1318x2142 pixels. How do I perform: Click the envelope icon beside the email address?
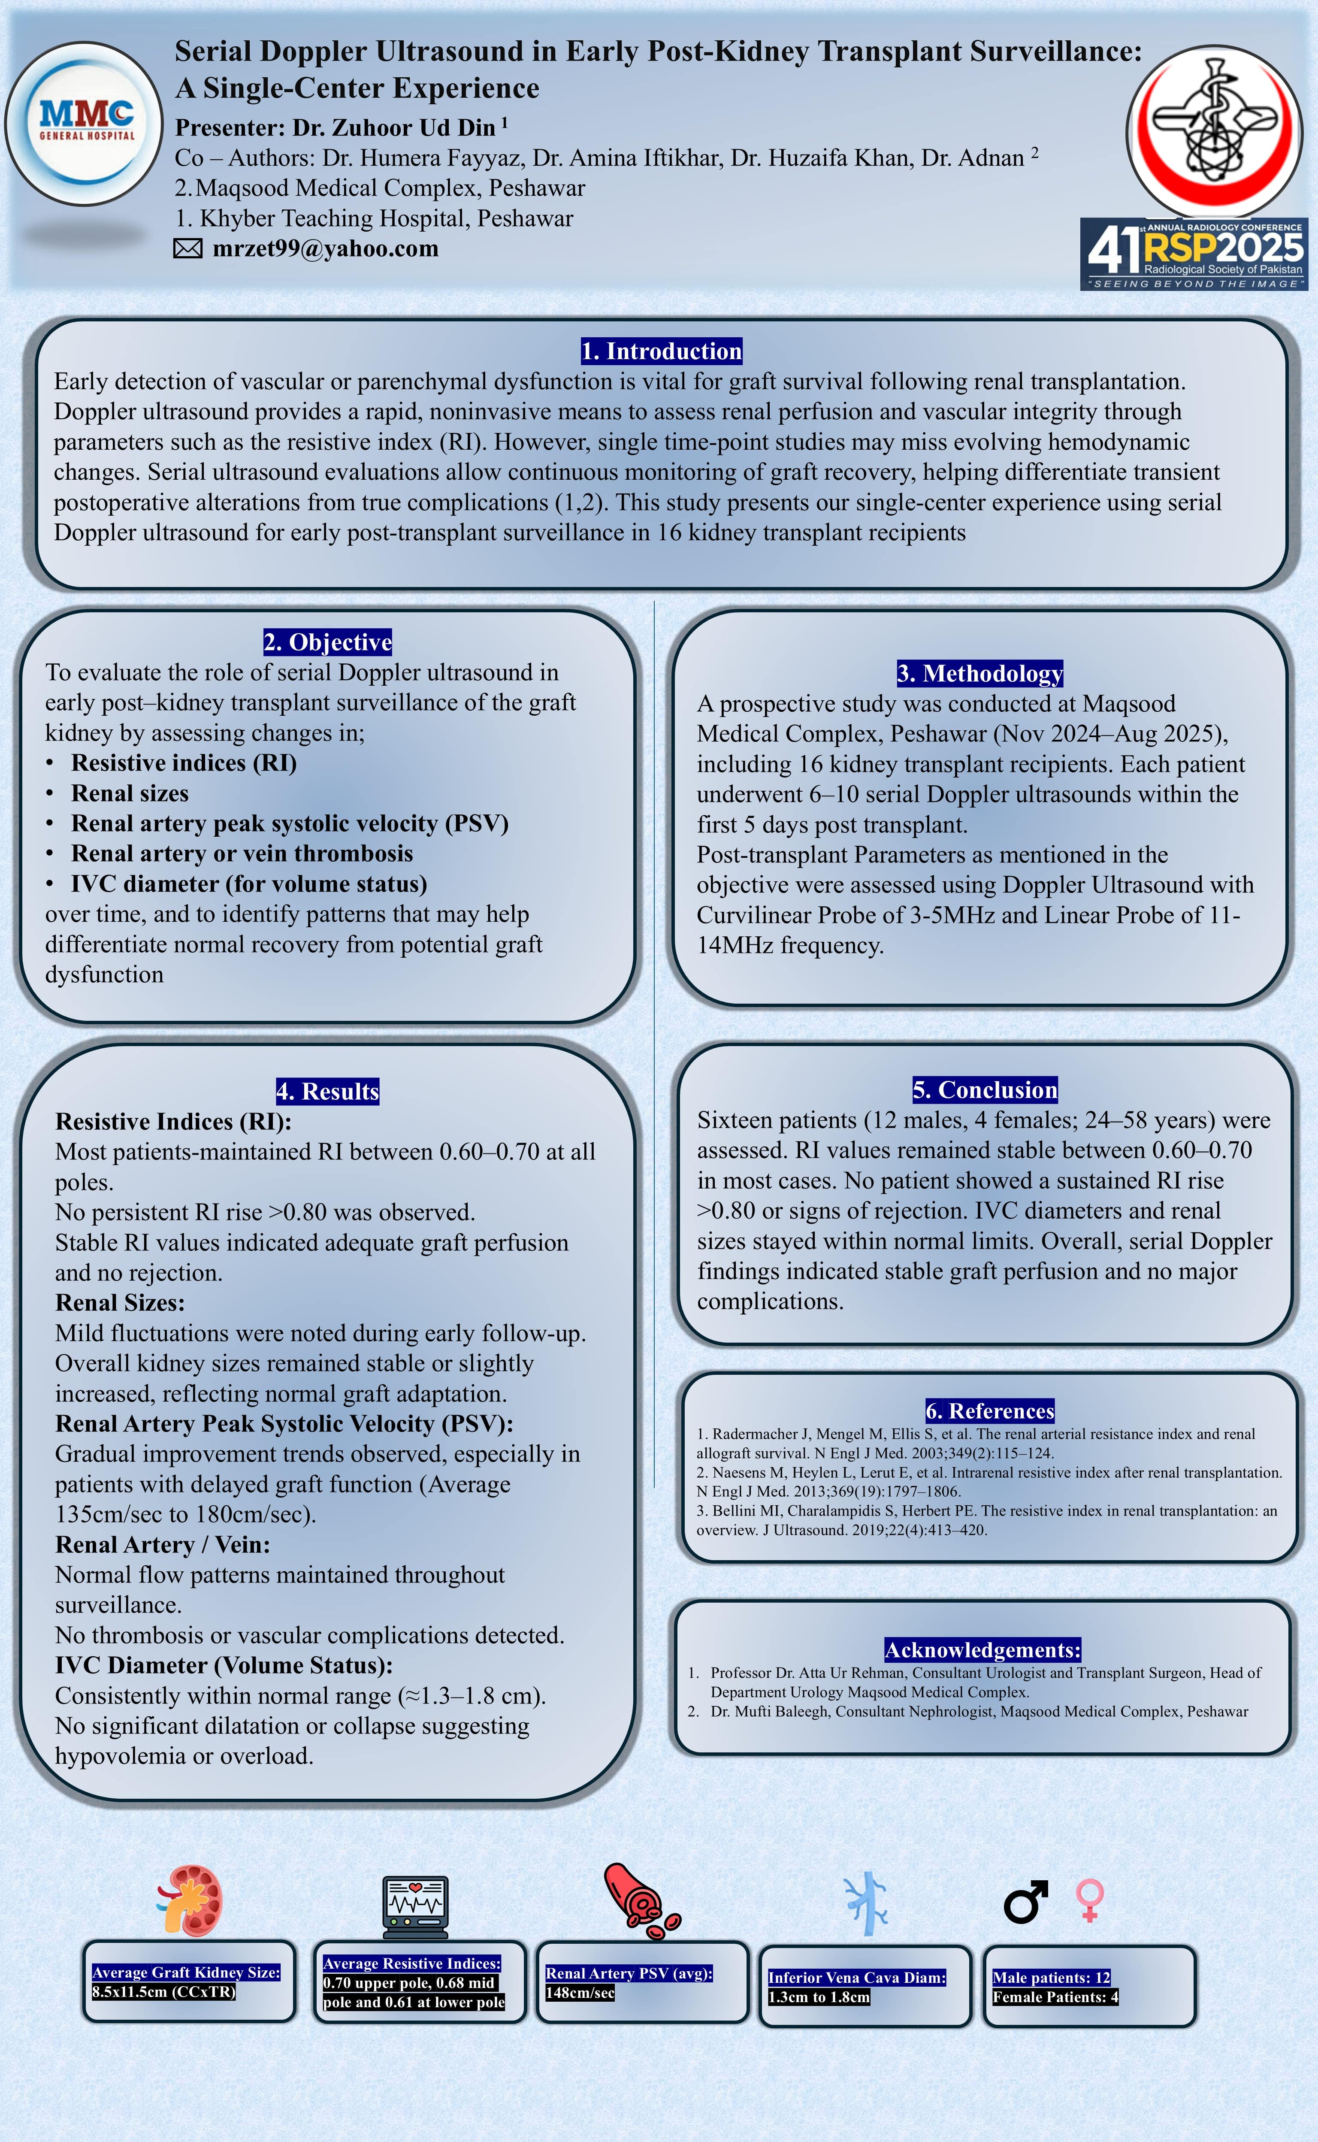187,249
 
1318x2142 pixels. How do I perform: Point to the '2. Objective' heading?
328,642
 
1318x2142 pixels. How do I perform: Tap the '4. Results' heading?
328,1092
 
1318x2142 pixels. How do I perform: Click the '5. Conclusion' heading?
985,1090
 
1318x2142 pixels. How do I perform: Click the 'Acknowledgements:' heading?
982,1650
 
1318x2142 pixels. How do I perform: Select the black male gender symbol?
1025,1901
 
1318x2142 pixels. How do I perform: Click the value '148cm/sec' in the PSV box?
580,1993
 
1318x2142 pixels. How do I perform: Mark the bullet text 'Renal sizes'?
130,793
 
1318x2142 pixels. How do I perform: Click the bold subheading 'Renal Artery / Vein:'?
162,1545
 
